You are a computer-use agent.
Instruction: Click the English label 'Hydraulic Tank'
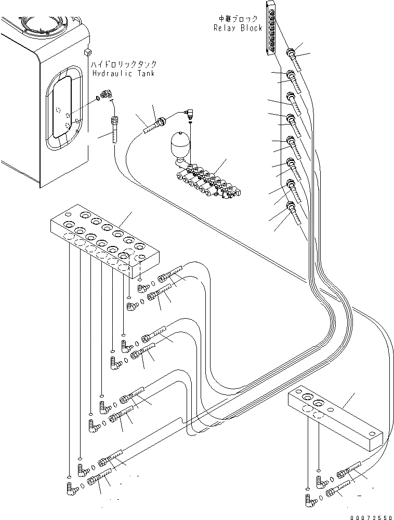click(123, 74)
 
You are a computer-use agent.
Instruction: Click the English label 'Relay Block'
click(238, 28)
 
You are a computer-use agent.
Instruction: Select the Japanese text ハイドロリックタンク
click(124, 64)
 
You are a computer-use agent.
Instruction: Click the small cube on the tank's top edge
click(87, 52)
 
